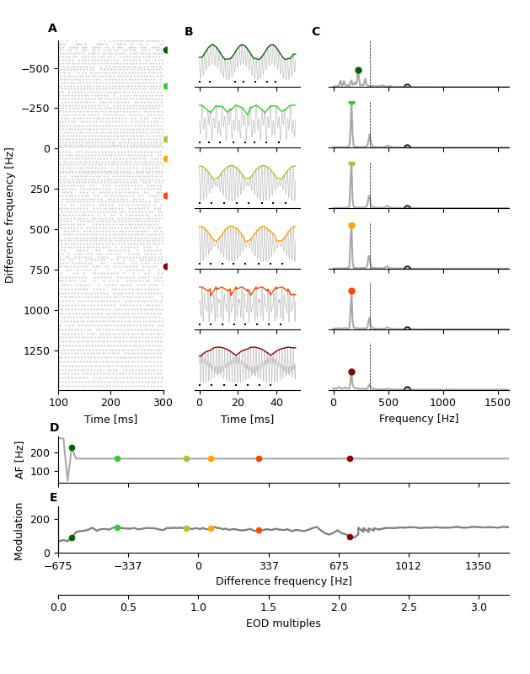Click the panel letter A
[52, 29]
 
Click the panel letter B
[189, 32]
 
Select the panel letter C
[315, 32]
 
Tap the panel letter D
[54, 428]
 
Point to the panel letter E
[53, 498]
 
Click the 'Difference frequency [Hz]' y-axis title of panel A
[10, 215]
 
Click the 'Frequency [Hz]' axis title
[419, 419]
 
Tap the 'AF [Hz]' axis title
[21, 460]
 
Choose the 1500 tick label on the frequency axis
[497, 404]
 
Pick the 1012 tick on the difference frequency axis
[408, 566]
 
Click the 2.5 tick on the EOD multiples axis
[409, 607]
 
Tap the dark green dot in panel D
[72, 448]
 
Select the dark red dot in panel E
[350, 537]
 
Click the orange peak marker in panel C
[351, 226]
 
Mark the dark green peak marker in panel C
[358, 71]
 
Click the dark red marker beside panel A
[166, 266]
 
